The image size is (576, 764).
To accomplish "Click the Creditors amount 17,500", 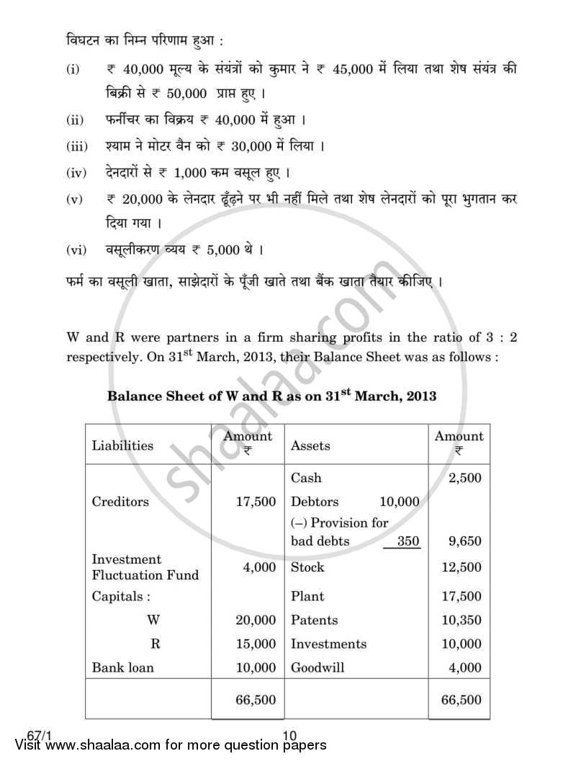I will (256, 502).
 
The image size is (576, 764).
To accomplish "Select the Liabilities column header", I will (122, 445).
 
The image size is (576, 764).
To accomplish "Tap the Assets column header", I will (310, 445).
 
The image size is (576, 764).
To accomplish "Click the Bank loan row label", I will (122, 667).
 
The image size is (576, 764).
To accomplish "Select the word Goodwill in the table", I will (318, 667).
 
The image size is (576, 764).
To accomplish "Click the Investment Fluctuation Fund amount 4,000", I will (259, 567).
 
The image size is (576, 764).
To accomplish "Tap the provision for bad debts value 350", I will (408, 541).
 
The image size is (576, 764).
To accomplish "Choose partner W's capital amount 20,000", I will (256, 620).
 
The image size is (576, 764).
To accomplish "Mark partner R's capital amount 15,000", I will (256, 644).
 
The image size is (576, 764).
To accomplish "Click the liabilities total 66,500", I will (256, 699).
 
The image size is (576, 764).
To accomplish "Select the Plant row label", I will (307, 596).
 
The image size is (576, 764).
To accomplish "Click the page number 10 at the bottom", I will (290, 735).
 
